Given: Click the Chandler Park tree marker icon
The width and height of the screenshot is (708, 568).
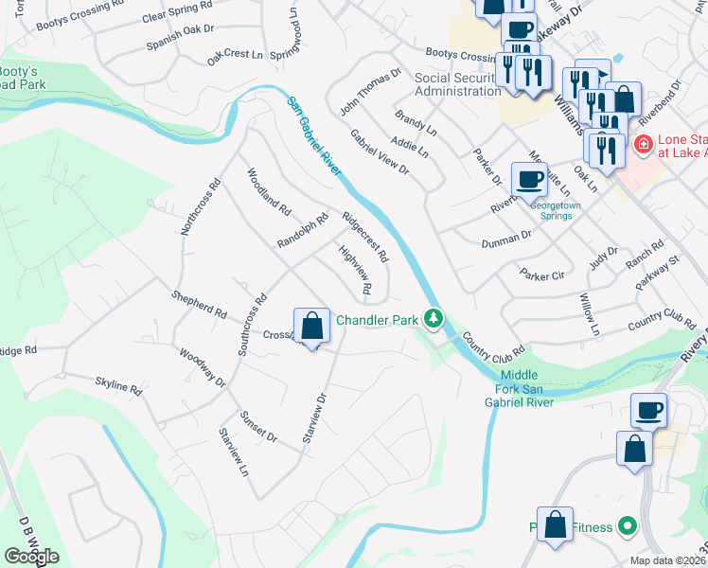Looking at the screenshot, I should (x=434, y=319).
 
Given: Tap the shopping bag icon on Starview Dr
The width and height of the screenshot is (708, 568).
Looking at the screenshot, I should (x=312, y=328).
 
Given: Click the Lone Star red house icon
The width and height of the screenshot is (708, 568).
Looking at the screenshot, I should (x=643, y=145).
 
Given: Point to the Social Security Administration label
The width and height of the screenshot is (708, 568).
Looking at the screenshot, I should (x=458, y=84).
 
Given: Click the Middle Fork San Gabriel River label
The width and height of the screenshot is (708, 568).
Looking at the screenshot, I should (x=528, y=387).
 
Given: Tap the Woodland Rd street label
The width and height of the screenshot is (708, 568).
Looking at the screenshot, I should (x=268, y=189).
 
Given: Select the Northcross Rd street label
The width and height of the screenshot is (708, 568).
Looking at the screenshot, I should (x=201, y=205).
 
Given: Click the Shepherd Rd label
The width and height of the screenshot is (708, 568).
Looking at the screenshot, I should (x=199, y=304).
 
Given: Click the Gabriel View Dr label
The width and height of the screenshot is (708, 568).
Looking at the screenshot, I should (x=379, y=152).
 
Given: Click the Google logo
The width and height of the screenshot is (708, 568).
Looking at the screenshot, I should (x=31, y=557).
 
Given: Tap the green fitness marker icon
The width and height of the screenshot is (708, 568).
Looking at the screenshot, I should (x=625, y=524).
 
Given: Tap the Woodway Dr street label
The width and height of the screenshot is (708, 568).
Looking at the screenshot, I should (x=202, y=367).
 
